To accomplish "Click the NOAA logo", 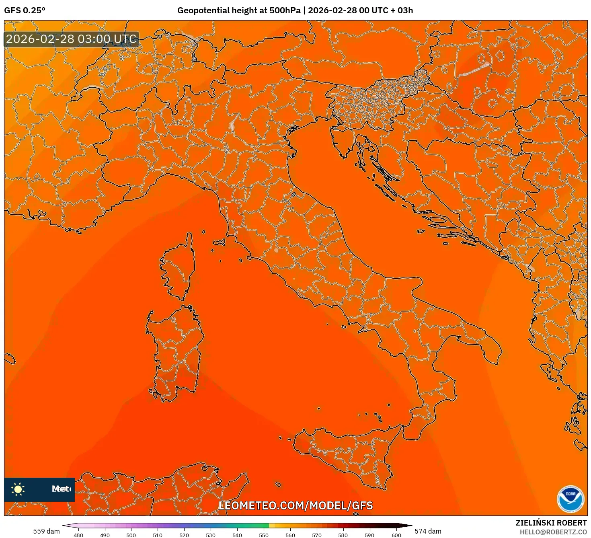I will tap(570, 499).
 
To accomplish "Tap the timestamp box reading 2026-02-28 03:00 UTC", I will tap(72, 39).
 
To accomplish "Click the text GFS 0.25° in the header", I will tap(25, 10).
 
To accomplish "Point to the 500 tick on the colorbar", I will tap(131, 535).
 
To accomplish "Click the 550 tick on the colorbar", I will tap(264, 535).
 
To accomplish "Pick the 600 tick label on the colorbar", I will tap(396, 535).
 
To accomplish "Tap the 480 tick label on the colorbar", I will tap(78, 535).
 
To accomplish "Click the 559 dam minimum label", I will tap(46, 531).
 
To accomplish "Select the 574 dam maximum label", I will tap(428, 531).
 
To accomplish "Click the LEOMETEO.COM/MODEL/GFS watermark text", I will tap(295, 505).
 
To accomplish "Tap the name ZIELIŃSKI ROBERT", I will tap(551, 523).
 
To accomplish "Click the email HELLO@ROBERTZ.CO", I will tap(553, 532).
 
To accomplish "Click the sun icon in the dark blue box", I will tap(18, 489).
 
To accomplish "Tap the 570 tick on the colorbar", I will tap(317, 535).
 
